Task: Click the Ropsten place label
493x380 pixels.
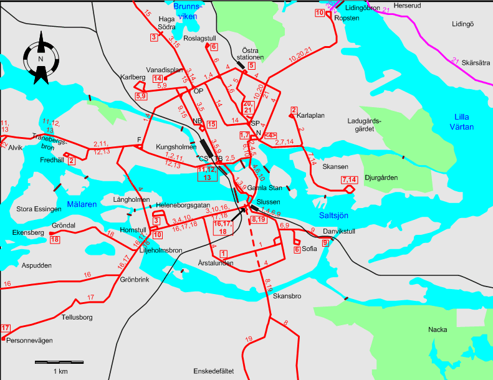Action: [347, 19]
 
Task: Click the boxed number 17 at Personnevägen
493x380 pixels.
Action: [6, 328]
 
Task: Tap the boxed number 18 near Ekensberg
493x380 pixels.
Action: [55, 239]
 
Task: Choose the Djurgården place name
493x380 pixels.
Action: [381, 178]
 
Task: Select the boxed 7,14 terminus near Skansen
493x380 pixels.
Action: [348, 180]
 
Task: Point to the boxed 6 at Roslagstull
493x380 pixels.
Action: [213, 47]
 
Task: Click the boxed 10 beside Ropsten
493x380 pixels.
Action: [320, 13]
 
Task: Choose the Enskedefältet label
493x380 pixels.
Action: [213, 371]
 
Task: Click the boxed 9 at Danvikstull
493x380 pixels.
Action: [325, 242]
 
